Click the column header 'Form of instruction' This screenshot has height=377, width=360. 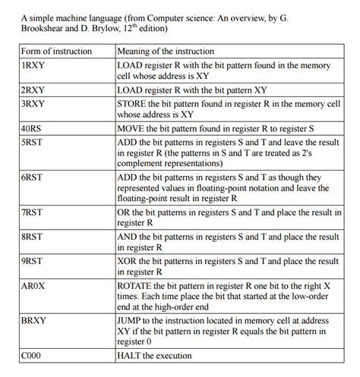(x=57, y=51)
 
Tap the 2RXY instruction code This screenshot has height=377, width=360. (x=33, y=90)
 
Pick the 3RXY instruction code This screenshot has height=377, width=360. (x=33, y=102)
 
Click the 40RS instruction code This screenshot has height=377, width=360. (x=32, y=127)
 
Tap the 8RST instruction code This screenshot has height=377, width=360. (x=33, y=237)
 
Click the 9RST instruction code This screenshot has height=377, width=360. (x=33, y=261)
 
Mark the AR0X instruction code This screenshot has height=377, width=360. (x=34, y=285)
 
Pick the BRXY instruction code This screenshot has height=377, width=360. (x=34, y=321)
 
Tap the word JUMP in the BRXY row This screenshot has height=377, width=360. (x=131, y=321)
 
